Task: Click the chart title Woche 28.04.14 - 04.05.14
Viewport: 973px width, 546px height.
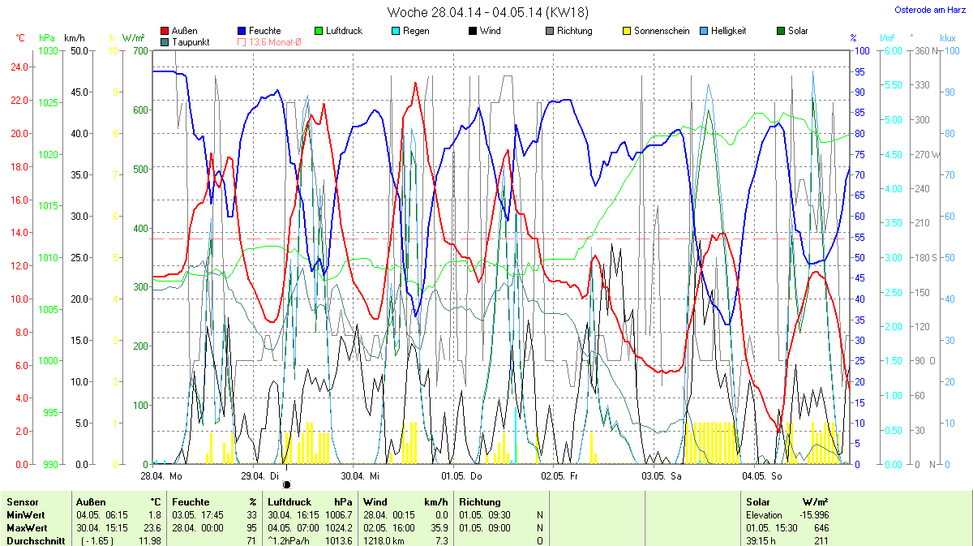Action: (488, 12)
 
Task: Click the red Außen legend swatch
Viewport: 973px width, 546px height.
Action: (165, 31)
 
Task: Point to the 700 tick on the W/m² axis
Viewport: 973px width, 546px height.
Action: (139, 50)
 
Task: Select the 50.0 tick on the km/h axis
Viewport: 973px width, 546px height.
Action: (79, 50)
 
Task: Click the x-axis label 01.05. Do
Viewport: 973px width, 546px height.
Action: (461, 475)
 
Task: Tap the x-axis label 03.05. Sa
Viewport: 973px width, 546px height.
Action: (662, 475)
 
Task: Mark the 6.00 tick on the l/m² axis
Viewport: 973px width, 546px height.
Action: (892, 50)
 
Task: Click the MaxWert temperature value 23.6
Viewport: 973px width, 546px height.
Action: (153, 527)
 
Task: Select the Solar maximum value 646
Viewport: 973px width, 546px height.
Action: (821, 527)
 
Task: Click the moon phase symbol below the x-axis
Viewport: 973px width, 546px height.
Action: (286, 484)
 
